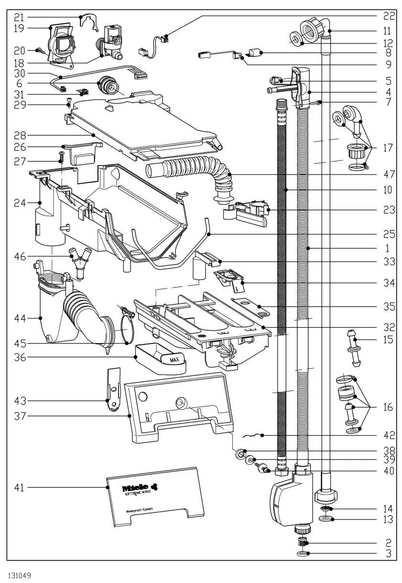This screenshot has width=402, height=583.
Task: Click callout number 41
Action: tap(20, 488)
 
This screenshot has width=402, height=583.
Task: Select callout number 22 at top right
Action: tap(389, 16)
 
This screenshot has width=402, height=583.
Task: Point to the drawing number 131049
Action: tap(19, 575)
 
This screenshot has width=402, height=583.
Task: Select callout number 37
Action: tap(20, 416)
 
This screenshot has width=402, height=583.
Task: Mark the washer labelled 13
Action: tap(326, 519)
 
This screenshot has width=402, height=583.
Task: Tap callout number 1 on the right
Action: tap(388, 249)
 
